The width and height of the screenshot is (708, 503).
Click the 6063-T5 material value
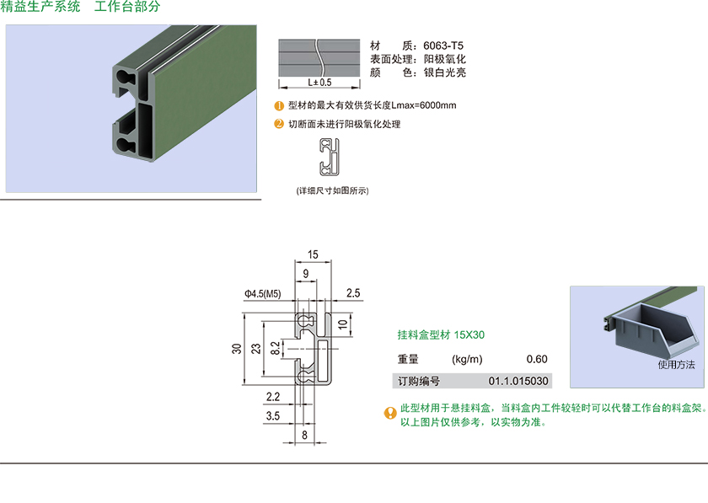tap(443, 45)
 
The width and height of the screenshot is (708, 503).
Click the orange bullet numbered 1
tap(280, 106)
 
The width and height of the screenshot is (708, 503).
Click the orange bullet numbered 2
tap(280, 124)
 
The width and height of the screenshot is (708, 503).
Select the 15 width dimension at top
tap(313, 254)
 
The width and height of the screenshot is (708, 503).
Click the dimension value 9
tap(304, 271)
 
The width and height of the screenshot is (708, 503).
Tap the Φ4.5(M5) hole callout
tap(262, 293)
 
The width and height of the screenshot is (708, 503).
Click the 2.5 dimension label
tap(353, 293)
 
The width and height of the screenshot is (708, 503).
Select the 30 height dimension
tap(238, 347)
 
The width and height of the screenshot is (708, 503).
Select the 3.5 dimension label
tap(272, 415)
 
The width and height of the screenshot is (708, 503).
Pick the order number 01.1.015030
tap(518, 381)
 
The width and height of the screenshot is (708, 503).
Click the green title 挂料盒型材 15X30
tap(441, 334)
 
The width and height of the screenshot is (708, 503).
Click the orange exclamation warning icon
tap(390, 413)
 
